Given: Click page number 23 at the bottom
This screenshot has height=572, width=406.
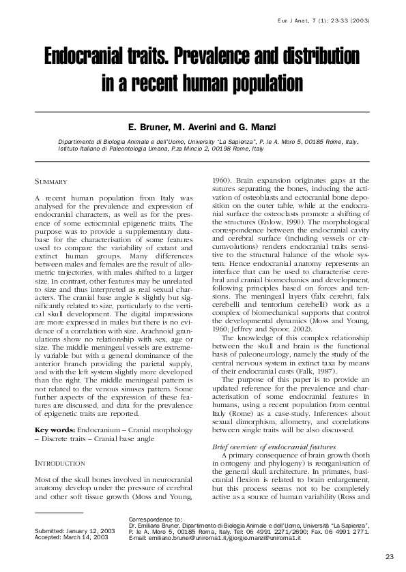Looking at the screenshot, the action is click(389, 555).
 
